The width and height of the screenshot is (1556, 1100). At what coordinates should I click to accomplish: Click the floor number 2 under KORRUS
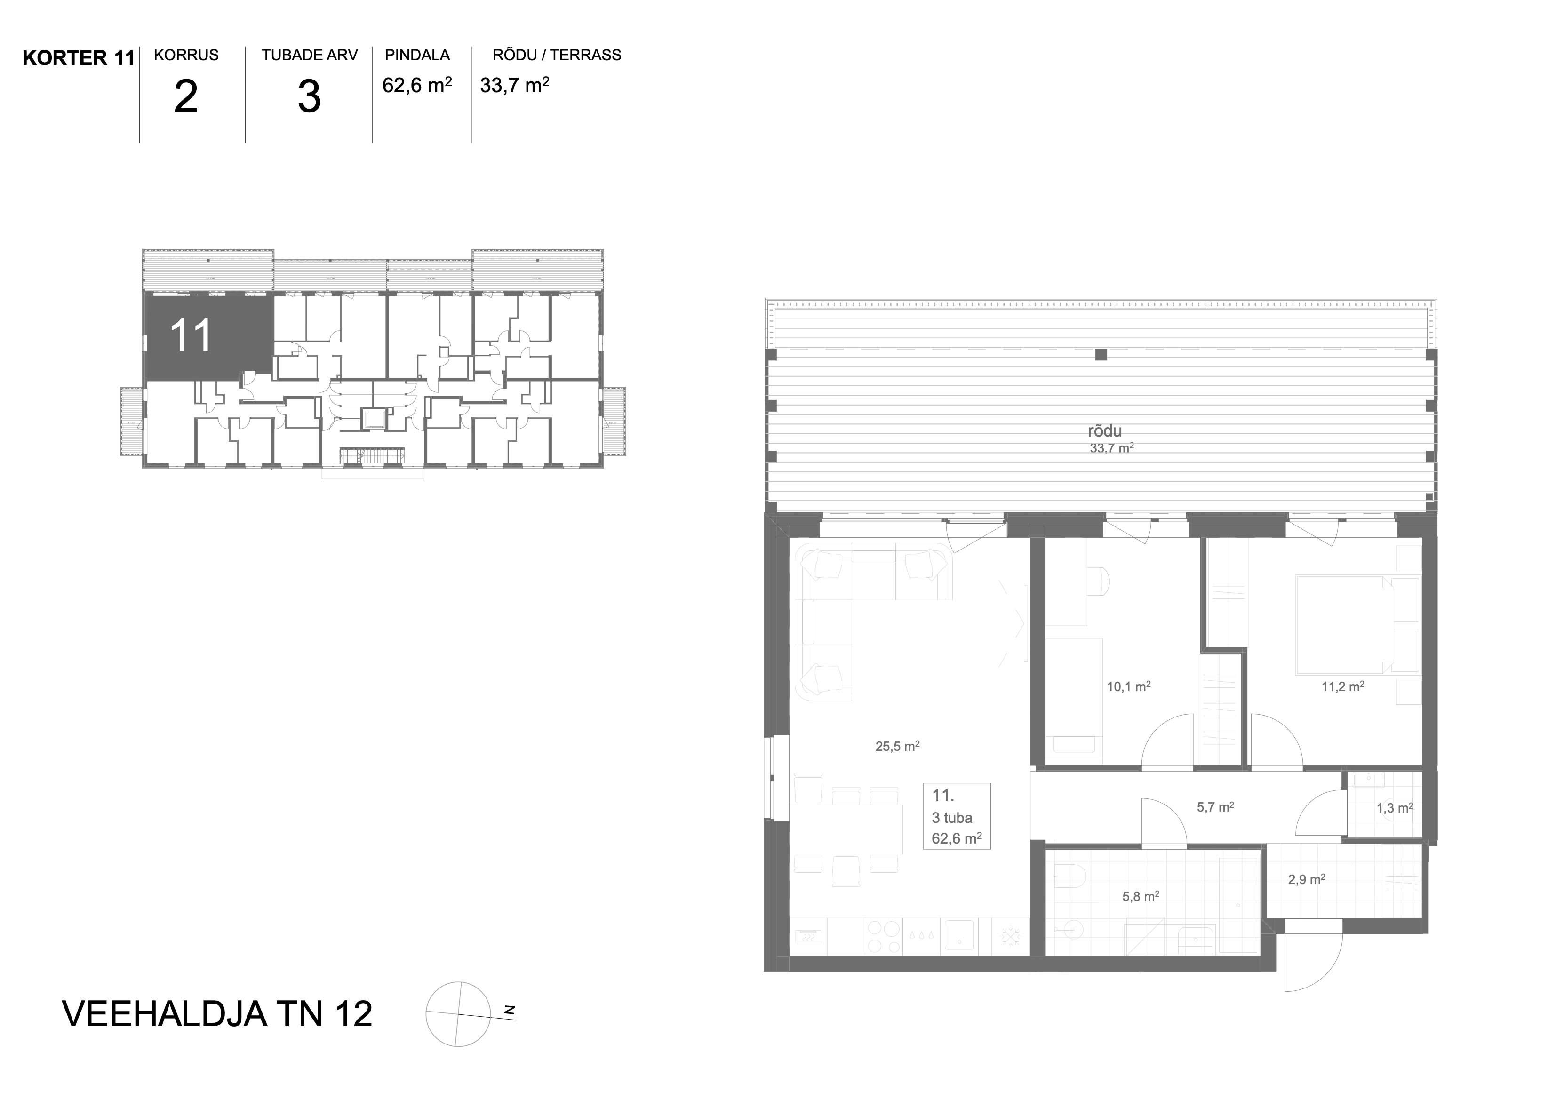click(x=186, y=97)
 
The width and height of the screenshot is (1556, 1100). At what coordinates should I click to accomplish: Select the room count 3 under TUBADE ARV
click(x=309, y=97)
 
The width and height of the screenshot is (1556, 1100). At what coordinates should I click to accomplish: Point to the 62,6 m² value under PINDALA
click(x=417, y=85)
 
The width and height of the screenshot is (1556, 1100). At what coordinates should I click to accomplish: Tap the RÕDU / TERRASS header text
click(x=557, y=55)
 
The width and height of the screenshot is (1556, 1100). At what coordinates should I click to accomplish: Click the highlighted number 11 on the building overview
click(x=191, y=335)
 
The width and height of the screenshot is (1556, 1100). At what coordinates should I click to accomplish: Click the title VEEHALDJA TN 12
click(x=217, y=1014)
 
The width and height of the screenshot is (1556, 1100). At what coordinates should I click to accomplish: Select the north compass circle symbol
click(x=458, y=1014)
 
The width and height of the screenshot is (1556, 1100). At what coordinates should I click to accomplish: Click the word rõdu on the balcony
click(x=1105, y=431)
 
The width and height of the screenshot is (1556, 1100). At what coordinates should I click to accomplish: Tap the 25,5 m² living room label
click(x=897, y=746)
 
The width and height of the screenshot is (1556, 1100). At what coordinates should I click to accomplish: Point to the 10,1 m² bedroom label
click(x=1128, y=686)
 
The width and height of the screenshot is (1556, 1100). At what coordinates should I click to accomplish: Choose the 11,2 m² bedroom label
click(x=1342, y=686)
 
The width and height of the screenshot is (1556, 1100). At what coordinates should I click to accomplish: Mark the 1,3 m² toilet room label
click(x=1395, y=808)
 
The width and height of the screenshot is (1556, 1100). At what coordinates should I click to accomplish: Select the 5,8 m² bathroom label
click(x=1141, y=897)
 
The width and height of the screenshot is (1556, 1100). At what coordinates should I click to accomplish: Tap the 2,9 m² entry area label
click(x=1307, y=880)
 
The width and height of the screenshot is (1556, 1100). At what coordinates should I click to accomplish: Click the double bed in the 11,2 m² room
click(x=1345, y=625)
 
